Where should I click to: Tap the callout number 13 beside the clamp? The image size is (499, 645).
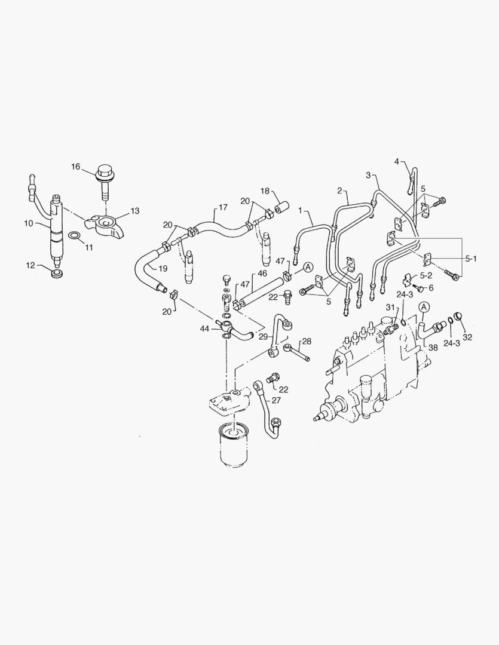(x=134, y=211)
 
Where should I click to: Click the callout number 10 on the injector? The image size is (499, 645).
(x=27, y=223)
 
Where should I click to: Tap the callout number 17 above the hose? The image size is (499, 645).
(x=222, y=207)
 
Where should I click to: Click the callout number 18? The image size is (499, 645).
(x=265, y=191)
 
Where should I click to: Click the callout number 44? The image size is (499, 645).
(x=205, y=328)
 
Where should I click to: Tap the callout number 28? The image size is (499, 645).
(x=307, y=341)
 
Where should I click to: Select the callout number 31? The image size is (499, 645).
(x=390, y=308)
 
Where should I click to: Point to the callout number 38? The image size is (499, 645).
(x=432, y=347)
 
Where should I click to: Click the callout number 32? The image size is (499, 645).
(x=467, y=337)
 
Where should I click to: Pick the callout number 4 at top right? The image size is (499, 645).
(x=396, y=161)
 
